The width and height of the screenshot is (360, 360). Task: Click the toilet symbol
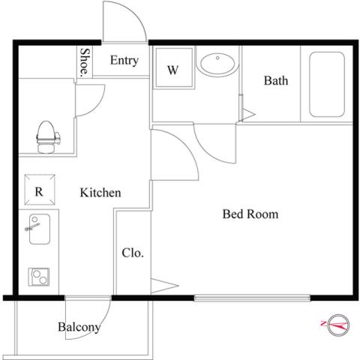(x=48, y=137)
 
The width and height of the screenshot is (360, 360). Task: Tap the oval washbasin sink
(x=217, y=64)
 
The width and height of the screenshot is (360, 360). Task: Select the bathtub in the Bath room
(x=327, y=84)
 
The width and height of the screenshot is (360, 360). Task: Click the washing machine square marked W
(x=174, y=67)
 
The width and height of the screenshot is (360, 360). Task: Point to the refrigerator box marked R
(x=40, y=190)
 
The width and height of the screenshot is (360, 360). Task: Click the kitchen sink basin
(x=40, y=229)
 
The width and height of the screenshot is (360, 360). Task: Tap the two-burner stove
(x=39, y=277)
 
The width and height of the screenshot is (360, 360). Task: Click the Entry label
(x=124, y=61)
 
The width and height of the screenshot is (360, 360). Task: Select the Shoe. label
(x=85, y=62)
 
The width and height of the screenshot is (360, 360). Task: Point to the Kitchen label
(x=100, y=193)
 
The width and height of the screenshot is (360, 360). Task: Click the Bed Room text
(x=250, y=214)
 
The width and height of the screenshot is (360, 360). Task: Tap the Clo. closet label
(x=133, y=253)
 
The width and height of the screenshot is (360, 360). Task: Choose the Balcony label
(x=79, y=327)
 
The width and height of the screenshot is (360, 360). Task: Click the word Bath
(x=276, y=80)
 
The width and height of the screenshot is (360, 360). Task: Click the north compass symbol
(x=338, y=325)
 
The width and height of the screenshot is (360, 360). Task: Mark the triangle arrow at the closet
(x=164, y=286)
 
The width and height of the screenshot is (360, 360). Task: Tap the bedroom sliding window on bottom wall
(x=252, y=298)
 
